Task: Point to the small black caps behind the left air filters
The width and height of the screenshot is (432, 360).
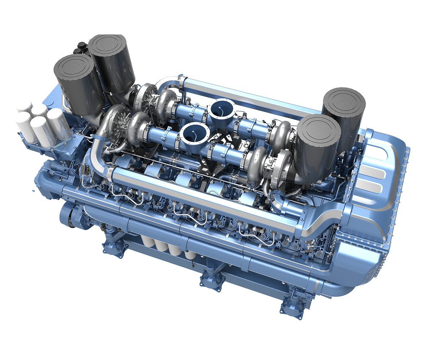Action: (x=82, y=48)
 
